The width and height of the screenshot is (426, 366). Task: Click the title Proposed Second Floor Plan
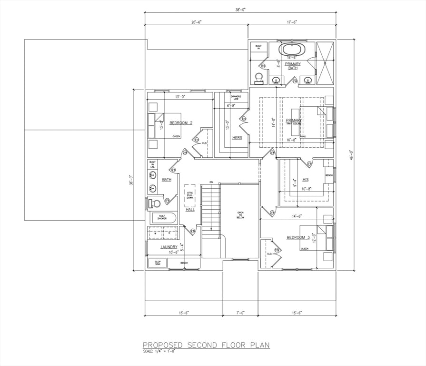pos(206,345)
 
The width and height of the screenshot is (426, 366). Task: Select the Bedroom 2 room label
pos(181,123)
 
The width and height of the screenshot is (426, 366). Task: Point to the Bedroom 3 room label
pos(298,237)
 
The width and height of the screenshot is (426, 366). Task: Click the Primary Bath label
pos(293,66)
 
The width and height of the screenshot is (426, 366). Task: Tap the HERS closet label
pos(237,138)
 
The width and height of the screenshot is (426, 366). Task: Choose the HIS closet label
pos(305,180)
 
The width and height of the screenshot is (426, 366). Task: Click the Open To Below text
pos(240,214)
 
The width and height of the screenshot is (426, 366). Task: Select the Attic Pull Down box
pos(190,194)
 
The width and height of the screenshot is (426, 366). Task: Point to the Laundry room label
pos(169,247)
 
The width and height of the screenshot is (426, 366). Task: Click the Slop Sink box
pos(158,263)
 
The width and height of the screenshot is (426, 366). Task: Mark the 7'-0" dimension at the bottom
pos(240,313)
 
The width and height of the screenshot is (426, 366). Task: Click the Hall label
pos(190,209)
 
